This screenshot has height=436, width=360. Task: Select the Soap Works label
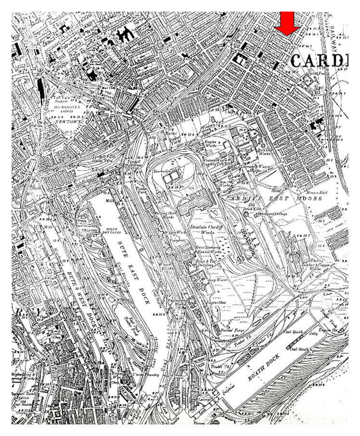pyautogui.click(x=218, y=279)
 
